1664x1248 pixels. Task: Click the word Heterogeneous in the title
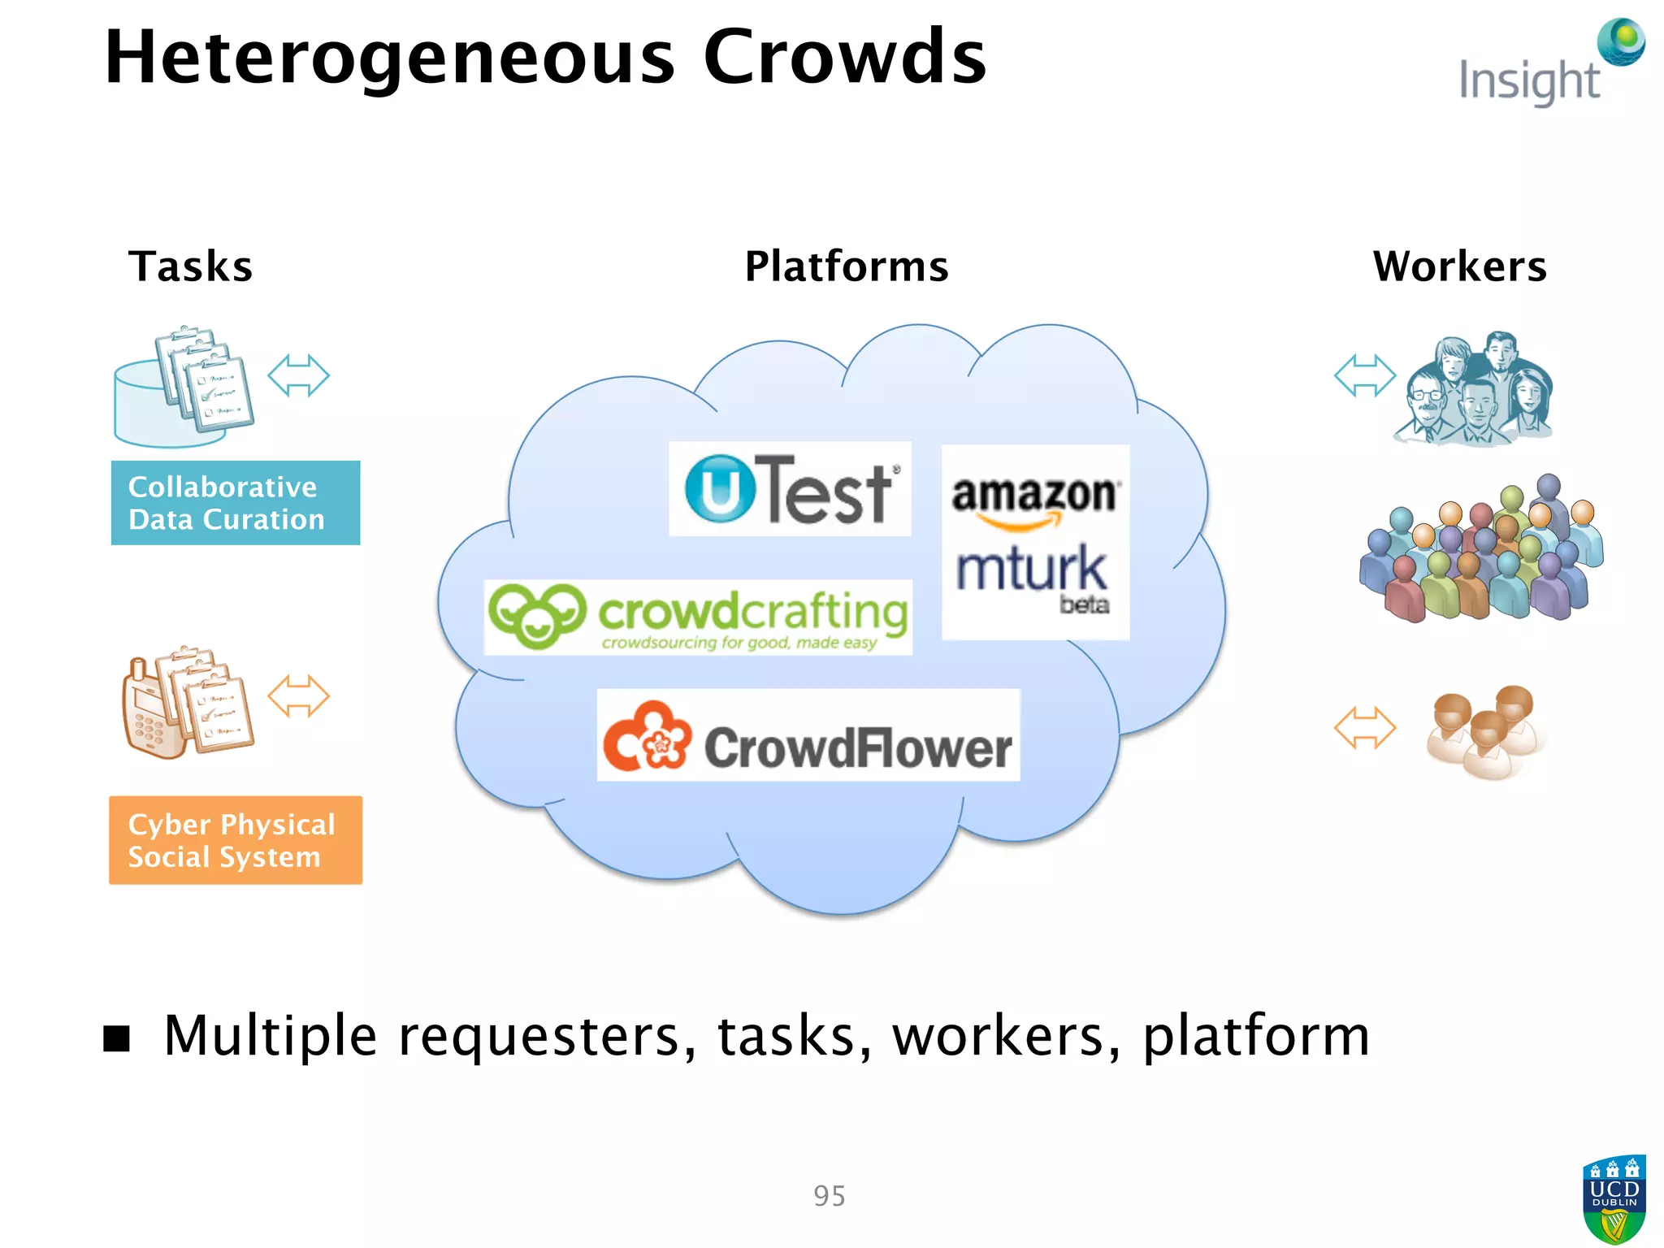(390, 58)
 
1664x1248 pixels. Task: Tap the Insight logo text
(1529, 81)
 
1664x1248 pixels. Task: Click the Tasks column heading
(191, 266)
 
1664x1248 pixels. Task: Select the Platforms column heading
(847, 266)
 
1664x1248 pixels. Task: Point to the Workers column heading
(1459, 266)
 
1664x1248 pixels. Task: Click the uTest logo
(790, 489)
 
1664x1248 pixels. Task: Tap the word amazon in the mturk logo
(1034, 494)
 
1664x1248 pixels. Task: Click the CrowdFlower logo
(808, 736)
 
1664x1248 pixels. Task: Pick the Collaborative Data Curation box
(236, 503)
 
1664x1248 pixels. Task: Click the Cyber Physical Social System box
(236, 840)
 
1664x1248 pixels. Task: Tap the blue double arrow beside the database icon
(298, 375)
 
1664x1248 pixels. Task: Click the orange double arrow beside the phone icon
(298, 696)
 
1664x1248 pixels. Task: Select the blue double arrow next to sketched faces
(1364, 375)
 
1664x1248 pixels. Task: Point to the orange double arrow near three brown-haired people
(1364, 727)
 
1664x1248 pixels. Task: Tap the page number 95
(830, 1196)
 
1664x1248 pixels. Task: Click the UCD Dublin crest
(1614, 1199)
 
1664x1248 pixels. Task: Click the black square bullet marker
(117, 1038)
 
